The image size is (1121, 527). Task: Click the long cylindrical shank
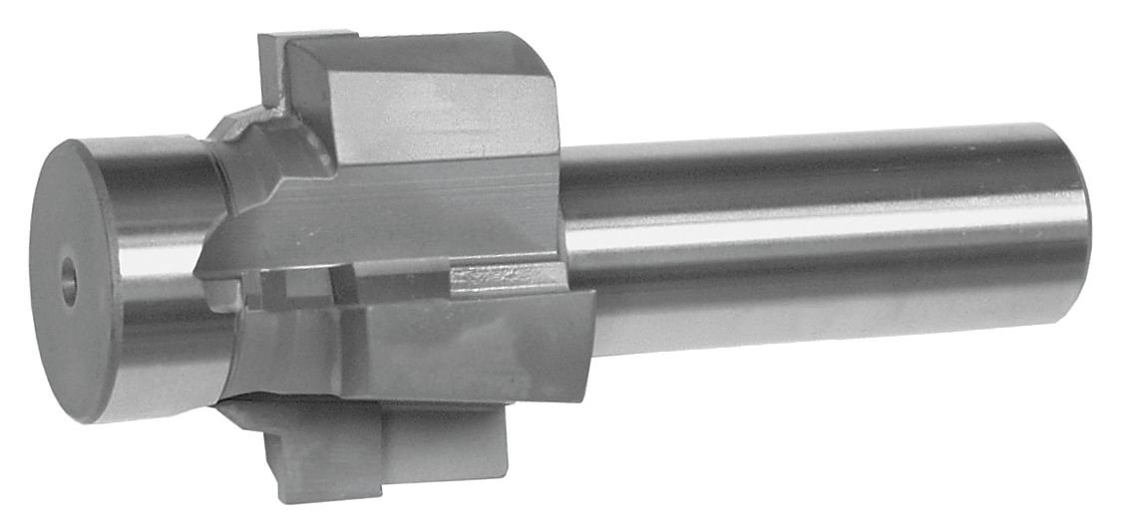pyautogui.click(x=818, y=239)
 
